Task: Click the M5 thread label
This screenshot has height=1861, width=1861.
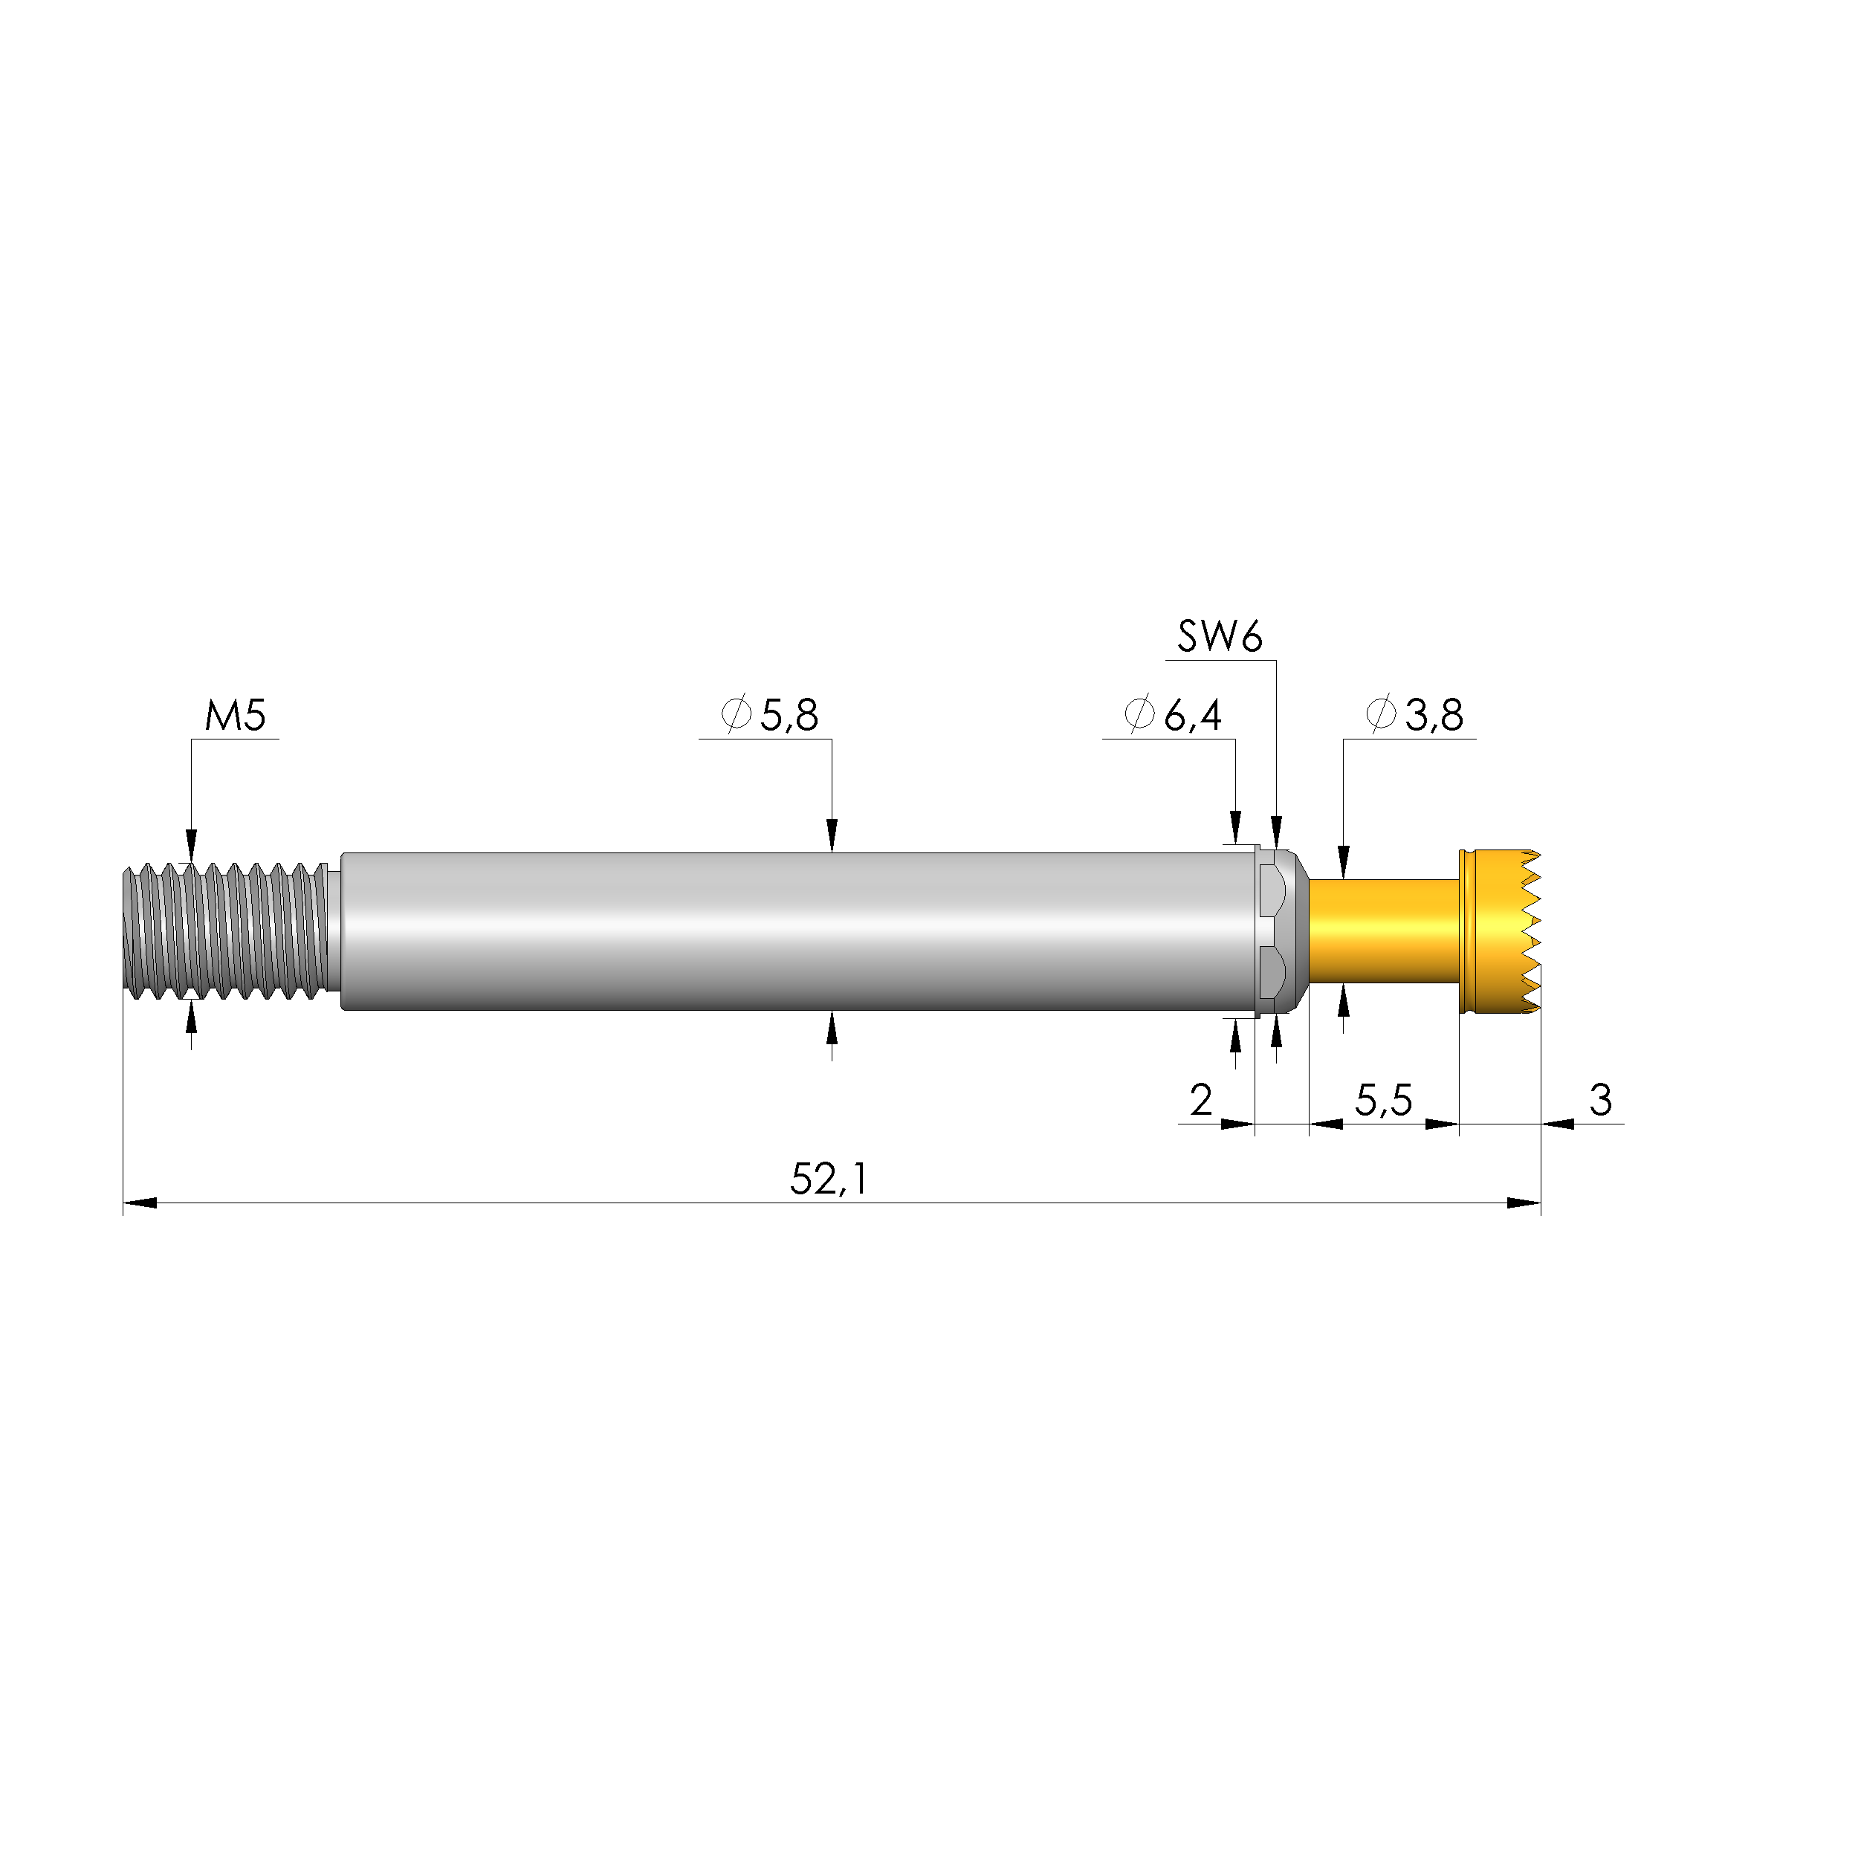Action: tap(235, 716)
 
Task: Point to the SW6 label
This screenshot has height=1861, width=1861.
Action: tap(1220, 637)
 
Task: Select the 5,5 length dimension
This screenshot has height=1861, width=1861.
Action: tap(1383, 1100)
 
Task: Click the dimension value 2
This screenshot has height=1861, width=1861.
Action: tap(1200, 1100)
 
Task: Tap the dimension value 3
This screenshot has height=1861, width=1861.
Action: tap(1600, 1099)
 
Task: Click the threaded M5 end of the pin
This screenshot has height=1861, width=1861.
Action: tap(227, 930)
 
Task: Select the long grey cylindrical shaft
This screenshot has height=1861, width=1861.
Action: tap(800, 930)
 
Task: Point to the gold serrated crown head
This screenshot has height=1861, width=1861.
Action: tap(1499, 930)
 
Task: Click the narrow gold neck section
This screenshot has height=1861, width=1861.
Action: tap(1383, 930)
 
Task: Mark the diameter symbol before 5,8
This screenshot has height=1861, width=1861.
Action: tap(736, 715)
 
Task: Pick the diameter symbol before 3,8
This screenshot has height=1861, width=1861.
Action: tap(1380, 715)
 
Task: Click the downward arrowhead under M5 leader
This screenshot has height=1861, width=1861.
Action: tap(191, 845)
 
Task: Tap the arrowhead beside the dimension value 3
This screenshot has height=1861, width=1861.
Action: tap(1558, 1123)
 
